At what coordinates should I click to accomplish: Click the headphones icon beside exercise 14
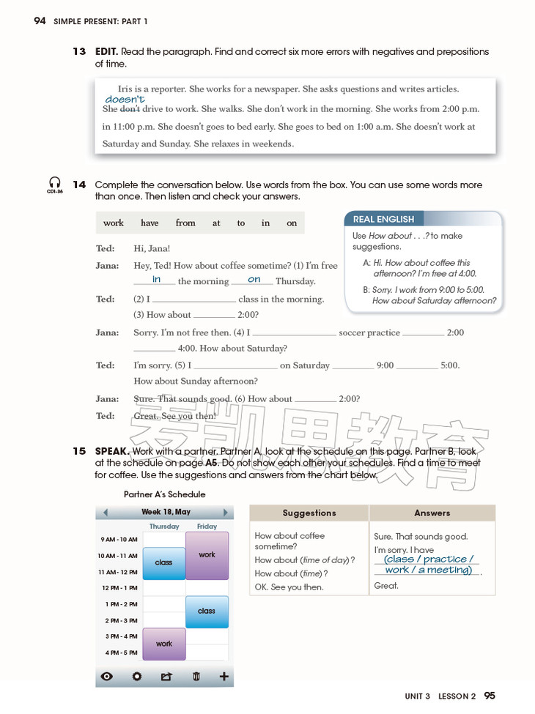pyautogui.click(x=54, y=182)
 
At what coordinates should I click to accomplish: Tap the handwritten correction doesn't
pyautogui.click(x=125, y=99)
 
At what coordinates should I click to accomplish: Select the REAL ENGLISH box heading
pyautogui.click(x=383, y=219)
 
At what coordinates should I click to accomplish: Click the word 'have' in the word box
pyautogui.click(x=150, y=223)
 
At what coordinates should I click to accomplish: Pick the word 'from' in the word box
pyautogui.click(x=185, y=223)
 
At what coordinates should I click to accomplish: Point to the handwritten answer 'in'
pyautogui.click(x=156, y=280)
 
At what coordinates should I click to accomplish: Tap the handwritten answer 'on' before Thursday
pyautogui.click(x=254, y=280)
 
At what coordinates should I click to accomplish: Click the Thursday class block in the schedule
pyautogui.click(x=164, y=563)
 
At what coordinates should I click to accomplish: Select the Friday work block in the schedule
pyautogui.click(x=207, y=555)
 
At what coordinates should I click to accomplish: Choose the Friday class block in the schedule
pyautogui.click(x=207, y=611)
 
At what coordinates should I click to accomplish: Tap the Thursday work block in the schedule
pyautogui.click(x=164, y=644)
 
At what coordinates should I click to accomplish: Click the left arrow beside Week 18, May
pyautogui.click(x=106, y=513)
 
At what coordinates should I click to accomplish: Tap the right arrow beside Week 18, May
pyautogui.click(x=225, y=513)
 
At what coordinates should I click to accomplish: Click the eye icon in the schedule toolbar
pyautogui.click(x=107, y=677)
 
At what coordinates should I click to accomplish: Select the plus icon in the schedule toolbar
pyautogui.click(x=224, y=677)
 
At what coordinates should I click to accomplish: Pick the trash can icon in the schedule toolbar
pyautogui.click(x=196, y=677)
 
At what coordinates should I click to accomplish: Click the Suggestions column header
pyautogui.click(x=309, y=513)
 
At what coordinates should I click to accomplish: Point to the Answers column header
pyautogui.click(x=432, y=513)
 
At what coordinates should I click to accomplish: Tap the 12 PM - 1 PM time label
pyautogui.click(x=119, y=588)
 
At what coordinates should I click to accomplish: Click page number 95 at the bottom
pyautogui.click(x=490, y=696)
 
